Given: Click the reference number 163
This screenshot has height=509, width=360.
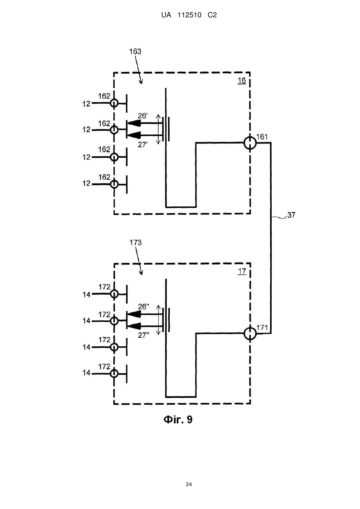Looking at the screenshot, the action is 135,52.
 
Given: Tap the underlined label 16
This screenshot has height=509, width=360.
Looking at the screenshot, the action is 242,80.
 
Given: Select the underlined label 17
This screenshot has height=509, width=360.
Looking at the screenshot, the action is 242,271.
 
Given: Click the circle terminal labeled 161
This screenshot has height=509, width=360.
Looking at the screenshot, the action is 250,143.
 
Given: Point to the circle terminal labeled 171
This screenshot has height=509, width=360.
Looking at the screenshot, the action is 250,333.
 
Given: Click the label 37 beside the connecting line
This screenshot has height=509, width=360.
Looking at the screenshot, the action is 291,215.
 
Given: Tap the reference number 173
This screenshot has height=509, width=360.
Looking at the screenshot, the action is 136,243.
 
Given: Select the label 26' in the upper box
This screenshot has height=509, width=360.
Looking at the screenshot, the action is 143,116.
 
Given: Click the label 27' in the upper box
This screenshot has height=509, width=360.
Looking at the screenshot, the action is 143,144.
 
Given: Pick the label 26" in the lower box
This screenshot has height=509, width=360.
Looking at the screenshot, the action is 144,307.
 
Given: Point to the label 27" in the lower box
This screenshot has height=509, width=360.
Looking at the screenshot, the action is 144,335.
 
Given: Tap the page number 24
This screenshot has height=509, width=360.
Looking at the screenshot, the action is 189,484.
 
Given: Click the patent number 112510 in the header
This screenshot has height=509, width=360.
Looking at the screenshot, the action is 189,15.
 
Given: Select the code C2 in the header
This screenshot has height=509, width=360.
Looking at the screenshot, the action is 212,15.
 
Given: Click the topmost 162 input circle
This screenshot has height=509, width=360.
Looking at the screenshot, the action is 114,103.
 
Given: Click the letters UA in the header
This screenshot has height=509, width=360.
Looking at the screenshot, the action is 166,15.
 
